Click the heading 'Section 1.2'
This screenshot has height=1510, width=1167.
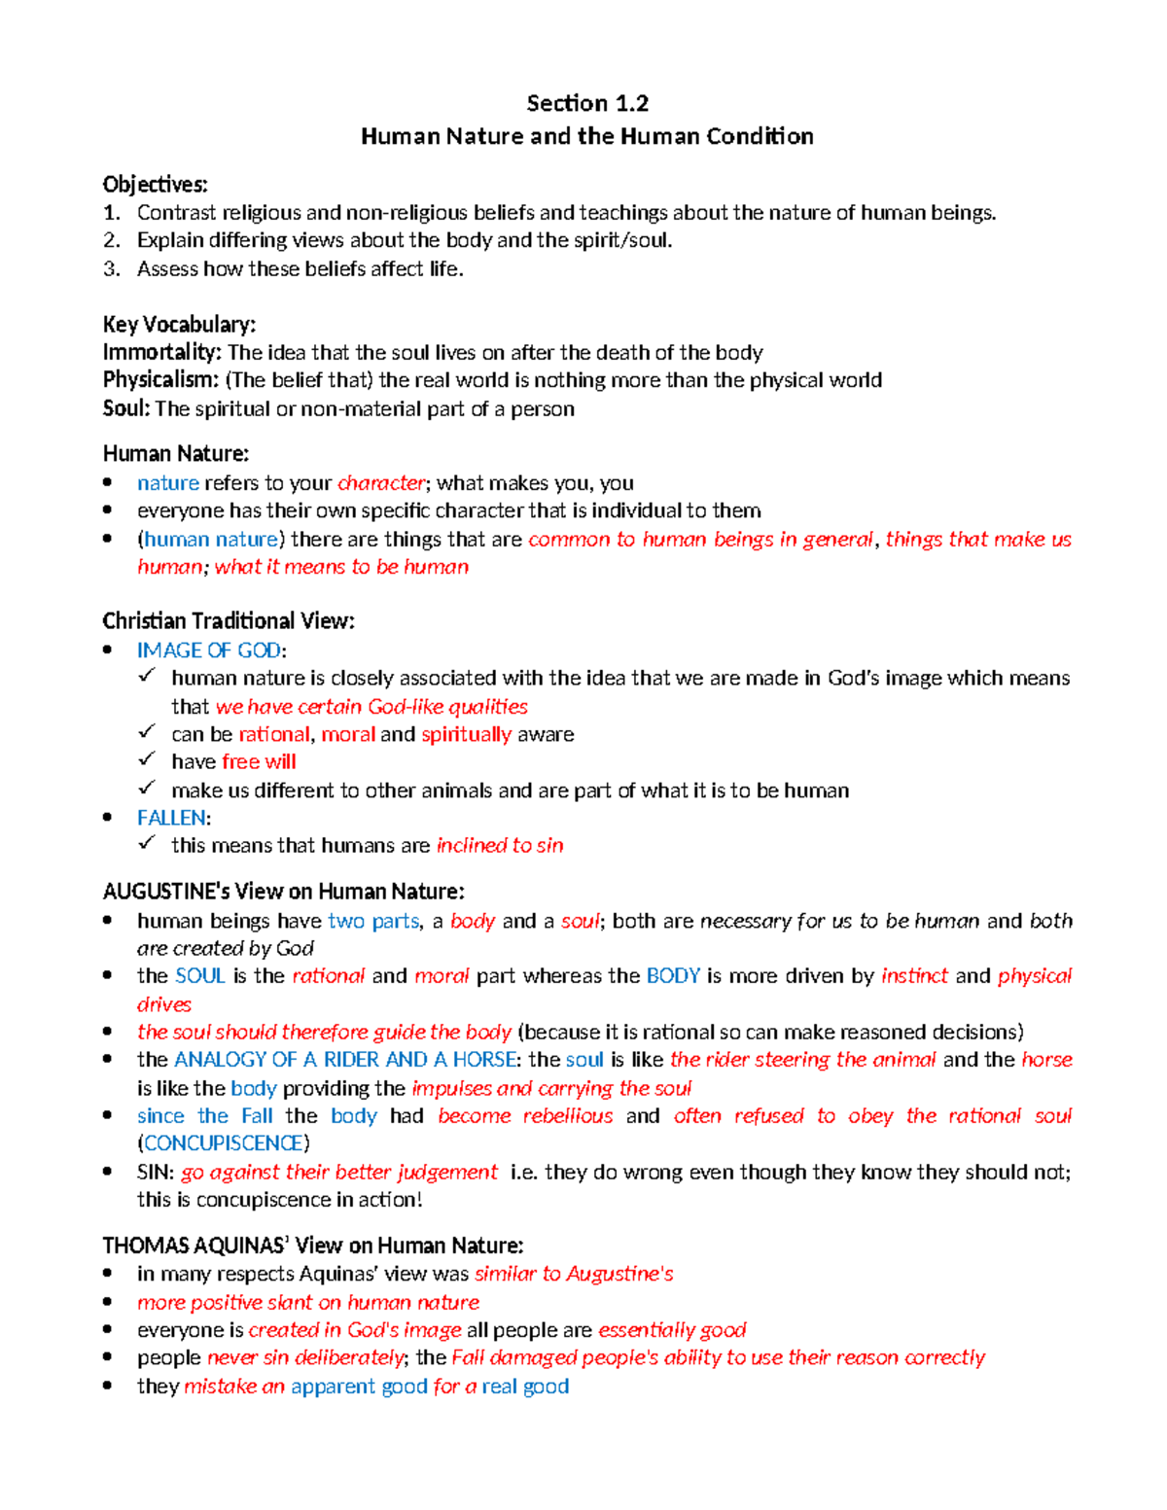point(587,103)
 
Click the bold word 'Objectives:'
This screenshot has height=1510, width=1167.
point(155,185)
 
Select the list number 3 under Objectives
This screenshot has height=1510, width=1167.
point(112,269)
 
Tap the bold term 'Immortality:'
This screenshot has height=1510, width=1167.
point(162,352)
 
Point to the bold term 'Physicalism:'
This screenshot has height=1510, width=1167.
point(160,380)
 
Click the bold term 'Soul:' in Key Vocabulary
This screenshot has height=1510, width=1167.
point(126,408)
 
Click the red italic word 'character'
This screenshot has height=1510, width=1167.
point(380,483)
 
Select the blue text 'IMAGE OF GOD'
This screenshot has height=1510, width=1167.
point(209,650)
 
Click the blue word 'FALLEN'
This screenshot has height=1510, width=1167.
point(171,818)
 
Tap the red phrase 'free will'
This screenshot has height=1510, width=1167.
point(259,762)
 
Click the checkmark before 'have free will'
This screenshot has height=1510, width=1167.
point(147,759)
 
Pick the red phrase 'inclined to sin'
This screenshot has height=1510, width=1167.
point(500,846)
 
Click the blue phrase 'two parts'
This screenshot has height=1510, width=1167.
point(373,921)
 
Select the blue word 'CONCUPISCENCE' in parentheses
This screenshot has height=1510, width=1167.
point(224,1143)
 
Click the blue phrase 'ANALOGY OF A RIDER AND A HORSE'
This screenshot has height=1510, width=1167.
point(345,1060)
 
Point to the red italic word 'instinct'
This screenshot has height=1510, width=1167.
point(914,976)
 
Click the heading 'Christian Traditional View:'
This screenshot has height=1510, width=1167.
point(229,621)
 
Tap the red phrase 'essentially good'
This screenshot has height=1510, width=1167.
point(672,1330)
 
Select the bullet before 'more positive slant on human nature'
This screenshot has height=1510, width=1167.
point(108,1302)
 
